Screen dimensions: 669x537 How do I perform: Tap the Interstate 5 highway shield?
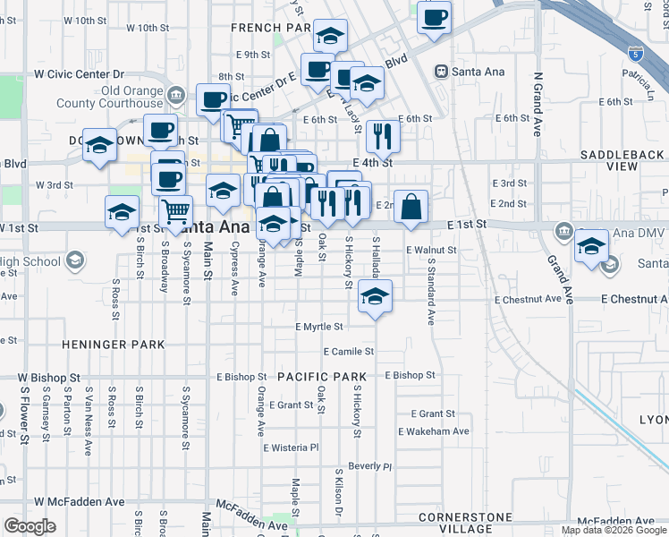[x=634, y=54]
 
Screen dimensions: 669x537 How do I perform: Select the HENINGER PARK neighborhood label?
[x=113, y=344]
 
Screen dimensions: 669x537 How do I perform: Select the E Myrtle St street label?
[x=319, y=328]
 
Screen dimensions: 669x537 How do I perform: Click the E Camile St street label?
[x=348, y=352]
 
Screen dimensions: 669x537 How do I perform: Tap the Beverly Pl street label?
[x=369, y=466]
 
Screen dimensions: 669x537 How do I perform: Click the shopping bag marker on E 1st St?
[x=411, y=207]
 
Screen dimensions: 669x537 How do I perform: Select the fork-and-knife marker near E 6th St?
[x=381, y=136]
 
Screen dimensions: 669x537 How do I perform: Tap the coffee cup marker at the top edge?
[x=434, y=18]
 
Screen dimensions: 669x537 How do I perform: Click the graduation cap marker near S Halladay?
[x=375, y=297]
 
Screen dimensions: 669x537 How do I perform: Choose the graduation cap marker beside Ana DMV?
[x=591, y=245]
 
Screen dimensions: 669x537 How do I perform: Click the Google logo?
[x=30, y=527]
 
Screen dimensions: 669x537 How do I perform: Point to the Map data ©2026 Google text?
[x=614, y=530]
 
